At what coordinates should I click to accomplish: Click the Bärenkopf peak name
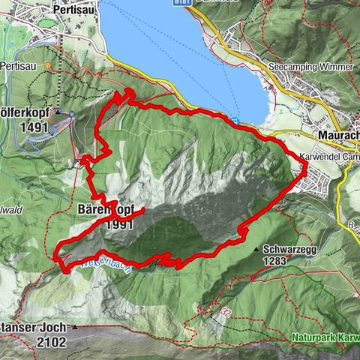(x=105, y=211)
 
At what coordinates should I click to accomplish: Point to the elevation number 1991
(x=119, y=224)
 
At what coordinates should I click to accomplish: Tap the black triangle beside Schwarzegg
(x=257, y=249)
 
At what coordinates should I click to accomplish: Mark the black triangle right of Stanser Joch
(x=74, y=328)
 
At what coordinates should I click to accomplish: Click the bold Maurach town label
(x=338, y=135)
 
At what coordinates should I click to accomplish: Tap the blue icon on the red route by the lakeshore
(x=237, y=121)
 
